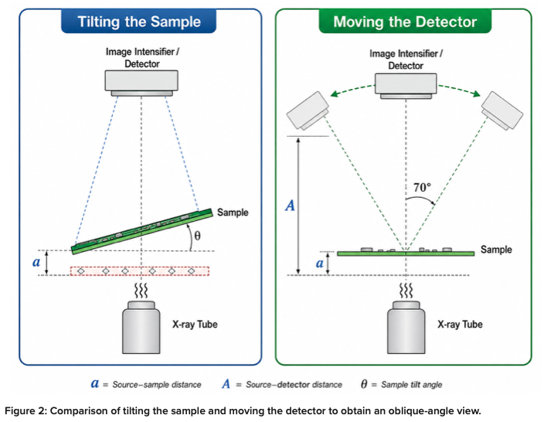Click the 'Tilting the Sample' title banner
click(x=139, y=21)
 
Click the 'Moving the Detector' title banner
click(x=405, y=21)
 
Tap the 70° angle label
click(x=422, y=187)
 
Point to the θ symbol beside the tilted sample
click(x=197, y=236)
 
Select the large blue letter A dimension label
click(x=290, y=206)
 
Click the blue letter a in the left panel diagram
click(x=36, y=262)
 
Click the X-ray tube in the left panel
click(x=141, y=327)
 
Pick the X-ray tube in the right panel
click(x=406, y=327)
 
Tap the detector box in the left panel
click(x=141, y=83)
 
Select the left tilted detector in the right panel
click(x=308, y=111)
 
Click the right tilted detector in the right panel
click(x=501, y=111)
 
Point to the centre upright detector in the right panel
click(x=406, y=86)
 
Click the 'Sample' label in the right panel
click(x=496, y=250)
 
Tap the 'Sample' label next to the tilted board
click(x=233, y=213)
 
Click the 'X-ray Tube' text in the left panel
click(x=195, y=325)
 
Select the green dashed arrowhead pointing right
click(x=477, y=94)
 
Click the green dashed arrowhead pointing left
click(x=334, y=94)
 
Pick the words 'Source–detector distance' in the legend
click(x=294, y=385)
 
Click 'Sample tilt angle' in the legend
click(x=411, y=385)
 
